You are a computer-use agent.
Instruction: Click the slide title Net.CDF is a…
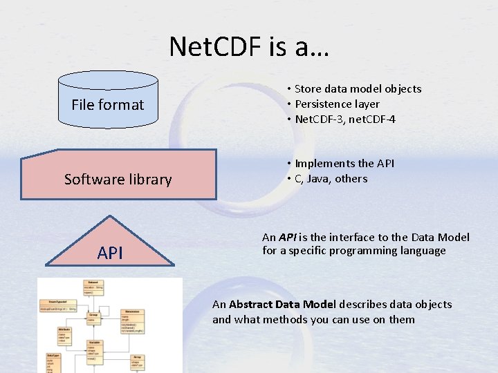250,48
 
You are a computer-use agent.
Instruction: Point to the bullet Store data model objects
358,88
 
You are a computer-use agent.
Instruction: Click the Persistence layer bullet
337,104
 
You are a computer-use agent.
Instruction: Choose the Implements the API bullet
344,163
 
